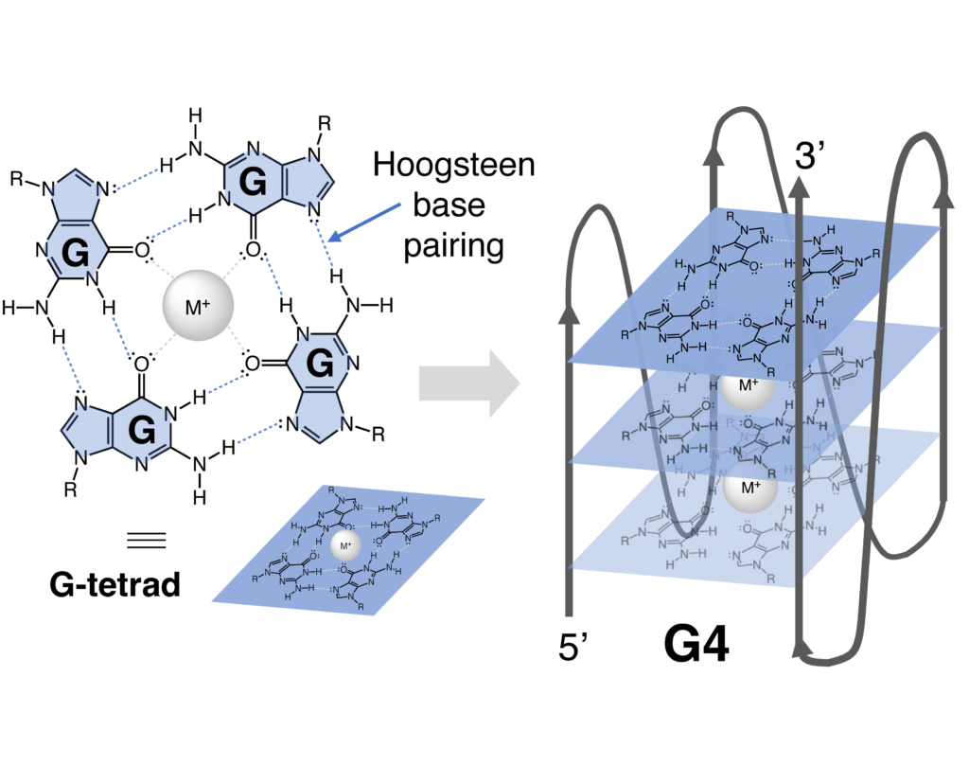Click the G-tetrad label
pyautogui.click(x=115, y=584)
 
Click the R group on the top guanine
pyautogui.click(x=325, y=123)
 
